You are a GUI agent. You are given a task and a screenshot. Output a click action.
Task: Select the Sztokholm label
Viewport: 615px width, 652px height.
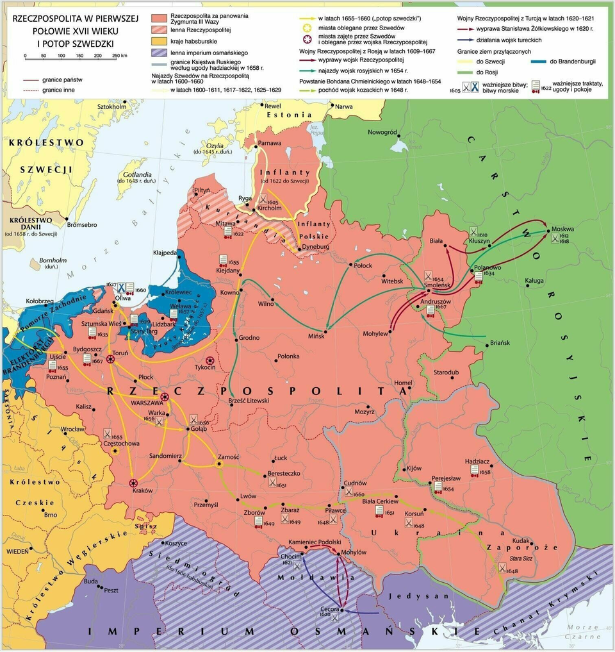pos(111,106)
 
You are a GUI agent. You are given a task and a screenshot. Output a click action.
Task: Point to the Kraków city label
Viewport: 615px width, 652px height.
pos(142,490)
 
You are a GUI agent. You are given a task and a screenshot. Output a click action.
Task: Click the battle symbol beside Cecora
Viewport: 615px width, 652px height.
pos(334,617)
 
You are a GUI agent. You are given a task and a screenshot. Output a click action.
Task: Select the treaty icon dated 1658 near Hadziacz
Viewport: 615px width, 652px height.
pos(475,470)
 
